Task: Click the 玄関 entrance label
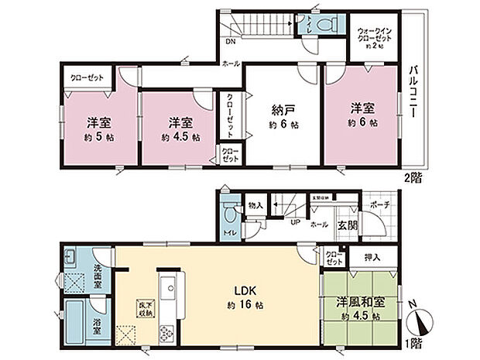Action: [x=347, y=225]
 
